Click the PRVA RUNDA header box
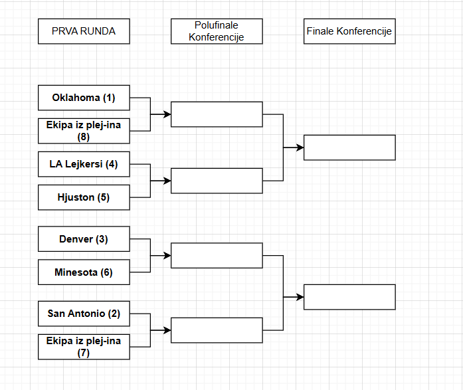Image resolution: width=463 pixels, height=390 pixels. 84,31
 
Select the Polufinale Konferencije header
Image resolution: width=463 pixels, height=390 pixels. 217,31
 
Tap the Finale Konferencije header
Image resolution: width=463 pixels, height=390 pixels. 349,31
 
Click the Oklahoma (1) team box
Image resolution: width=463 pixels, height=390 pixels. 84,98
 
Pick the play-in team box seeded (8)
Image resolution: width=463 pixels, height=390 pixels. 84,131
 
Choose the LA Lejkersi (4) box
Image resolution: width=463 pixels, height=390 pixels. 84,164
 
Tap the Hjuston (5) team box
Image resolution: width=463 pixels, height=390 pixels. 84,197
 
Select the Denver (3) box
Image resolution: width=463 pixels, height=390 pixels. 84,239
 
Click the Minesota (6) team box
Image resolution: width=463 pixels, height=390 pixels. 84,272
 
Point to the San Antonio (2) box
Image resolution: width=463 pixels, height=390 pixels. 84,314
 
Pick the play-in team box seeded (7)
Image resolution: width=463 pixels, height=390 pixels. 84,347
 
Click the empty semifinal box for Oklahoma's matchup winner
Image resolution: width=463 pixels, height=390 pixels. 217,114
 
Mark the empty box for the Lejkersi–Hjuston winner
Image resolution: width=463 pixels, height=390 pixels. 217,180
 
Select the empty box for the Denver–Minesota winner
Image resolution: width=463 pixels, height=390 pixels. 217,255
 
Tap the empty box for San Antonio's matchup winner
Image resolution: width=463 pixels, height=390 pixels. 217,330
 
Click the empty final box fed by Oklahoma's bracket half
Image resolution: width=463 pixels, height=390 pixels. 349,147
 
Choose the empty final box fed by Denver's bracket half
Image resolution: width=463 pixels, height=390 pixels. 349,297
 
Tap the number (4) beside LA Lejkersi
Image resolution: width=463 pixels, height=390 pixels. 111,164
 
